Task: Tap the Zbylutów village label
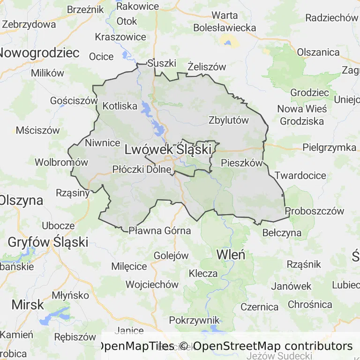(x=229, y=120)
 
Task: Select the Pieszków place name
(x=241, y=164)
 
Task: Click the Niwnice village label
(x=103, y=142)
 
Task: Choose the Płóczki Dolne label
(x=142, y=170)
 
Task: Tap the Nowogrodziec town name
(x=39, y=52)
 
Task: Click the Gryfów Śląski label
(x=48, y=242)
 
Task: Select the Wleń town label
(x=230, y=255)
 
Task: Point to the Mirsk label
(x=28, y=304)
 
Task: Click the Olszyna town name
(x=21, y=200)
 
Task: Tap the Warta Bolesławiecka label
(x=225, y=22)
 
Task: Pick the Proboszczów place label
(x=315, y=211)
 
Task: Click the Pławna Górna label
(x=160, y=231)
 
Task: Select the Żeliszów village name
(x=207, y=67)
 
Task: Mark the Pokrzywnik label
(x=194, y=320)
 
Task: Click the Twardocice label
(x=300, y=176)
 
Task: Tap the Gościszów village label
(x=74, y=100)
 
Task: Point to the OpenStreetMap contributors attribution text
(x=273, y=346)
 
